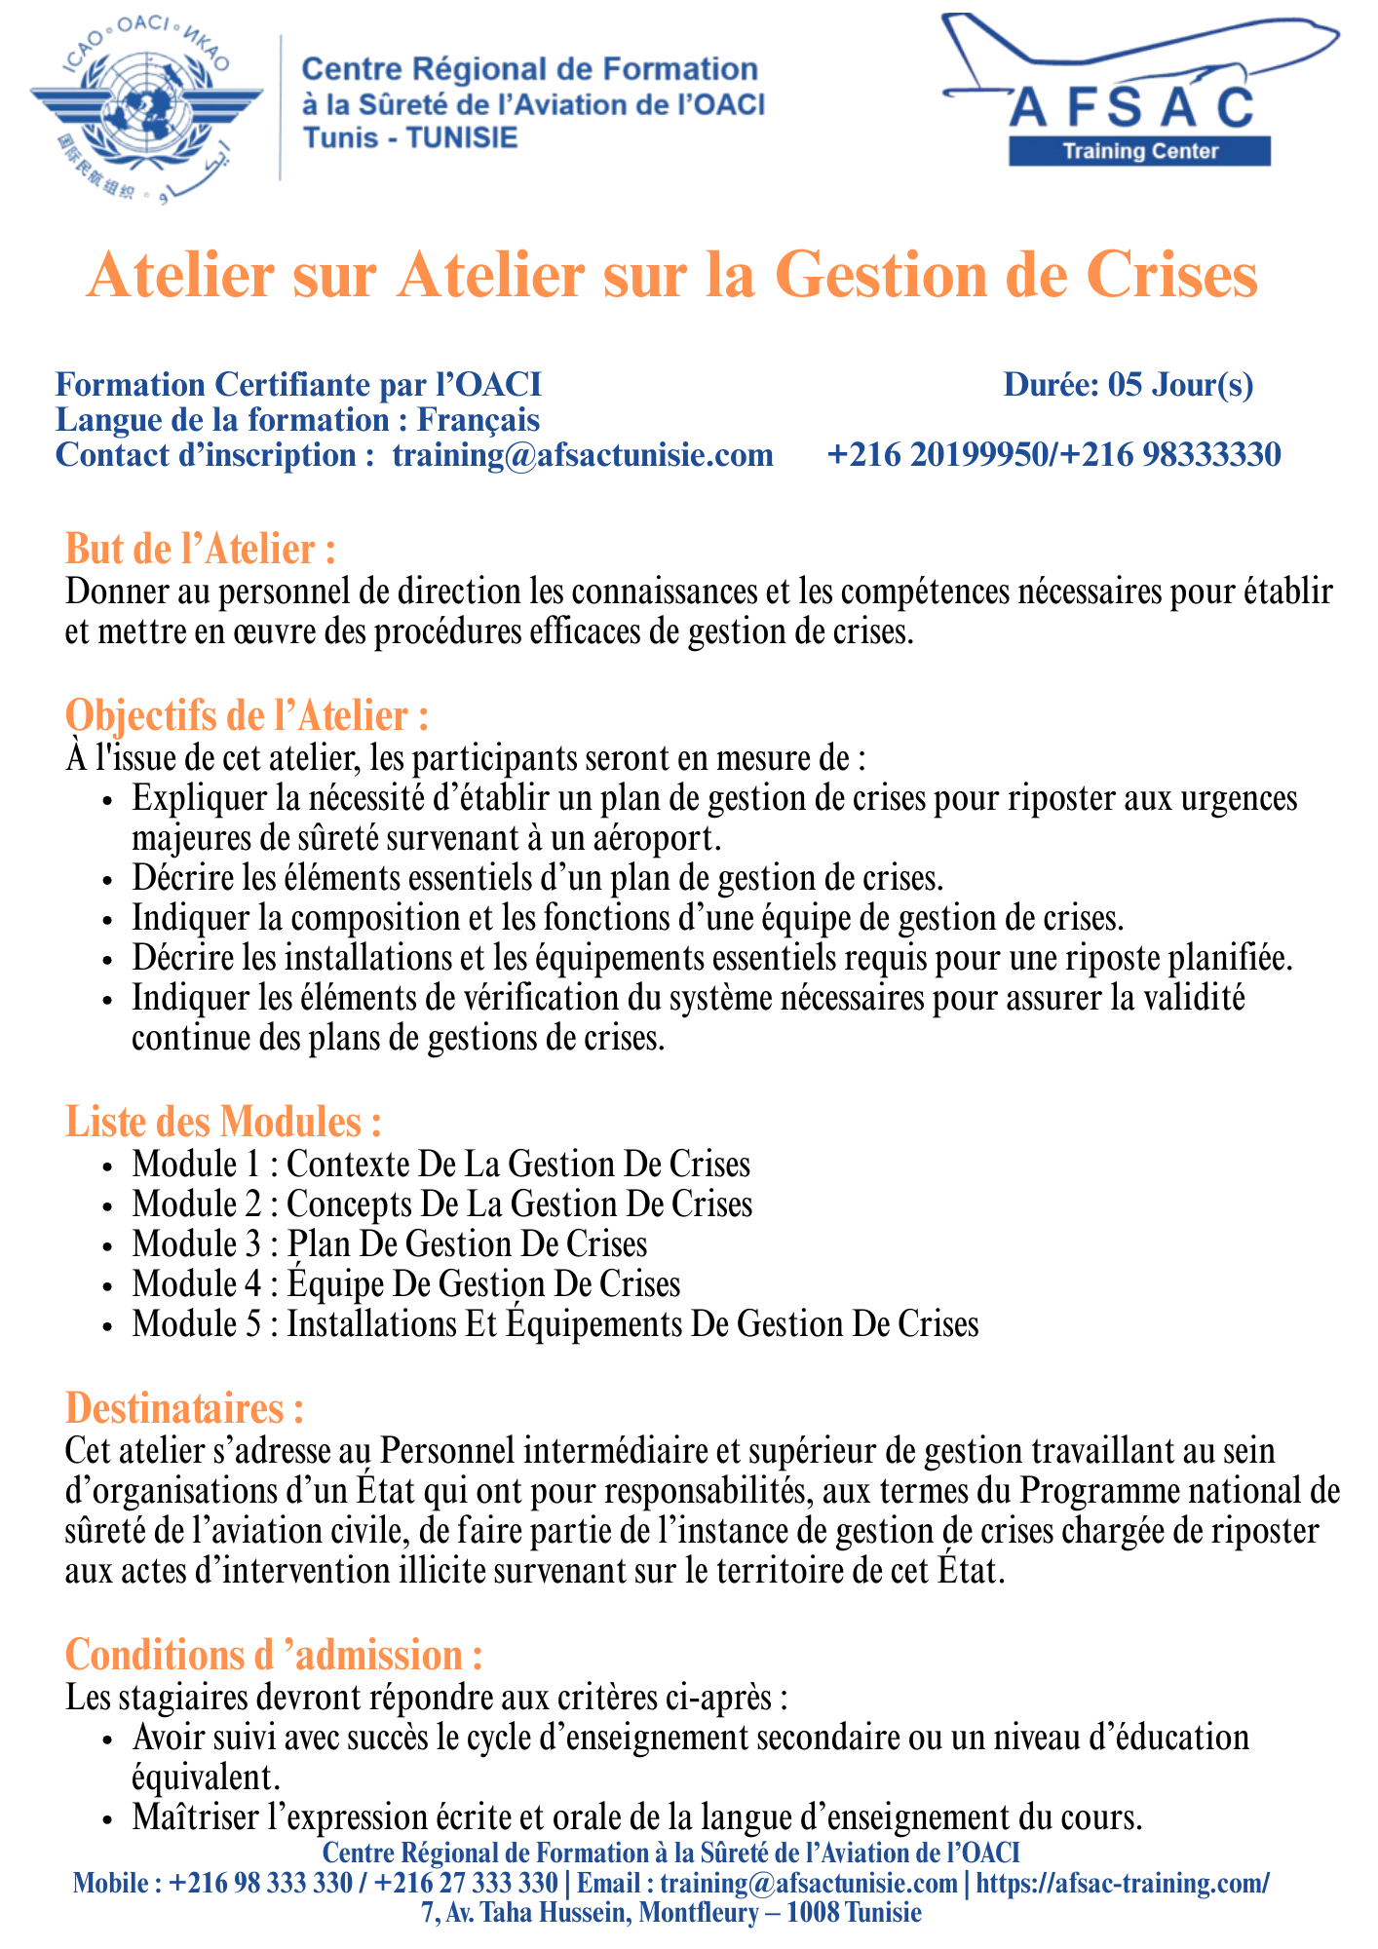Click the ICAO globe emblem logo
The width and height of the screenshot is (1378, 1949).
click(x=146, y=106)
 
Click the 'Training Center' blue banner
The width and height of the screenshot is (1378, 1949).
click(x=1139, y=151)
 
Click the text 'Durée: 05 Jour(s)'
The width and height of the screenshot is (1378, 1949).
click(x=1128, y=385)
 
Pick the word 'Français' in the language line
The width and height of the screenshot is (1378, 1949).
click(x=478, y=420)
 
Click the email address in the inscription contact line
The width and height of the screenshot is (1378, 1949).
click(x=583, y=455)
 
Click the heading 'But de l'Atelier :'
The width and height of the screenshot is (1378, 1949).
click(x=200, y=550)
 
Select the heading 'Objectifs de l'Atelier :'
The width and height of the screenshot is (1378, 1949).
click(x=247, y=716)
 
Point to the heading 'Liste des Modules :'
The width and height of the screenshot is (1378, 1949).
click(x=222, y=1123)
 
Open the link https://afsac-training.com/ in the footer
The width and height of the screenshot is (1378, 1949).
click(x=1123, y=1883)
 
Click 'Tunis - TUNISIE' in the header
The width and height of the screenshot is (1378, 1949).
click(x=410, y=137)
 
